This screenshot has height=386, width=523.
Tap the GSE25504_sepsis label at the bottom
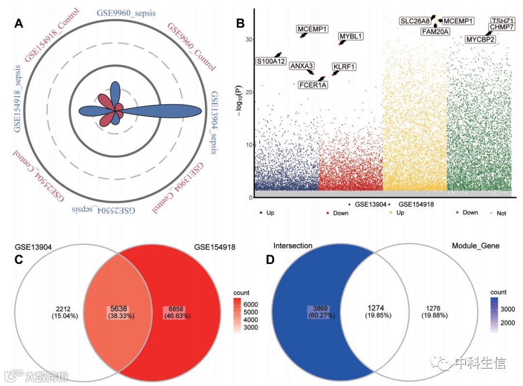click(x=104, y=211)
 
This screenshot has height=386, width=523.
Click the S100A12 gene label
click(x=271, y=61)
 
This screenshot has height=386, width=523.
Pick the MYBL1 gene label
click(x=351, y=36)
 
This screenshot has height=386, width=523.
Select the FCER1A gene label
click(x=313, y=85)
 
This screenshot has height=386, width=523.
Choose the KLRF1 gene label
click(x=344, y=66)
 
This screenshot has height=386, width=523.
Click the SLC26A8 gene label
click(x=415, y=21)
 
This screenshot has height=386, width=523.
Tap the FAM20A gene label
click(x=435, y=31)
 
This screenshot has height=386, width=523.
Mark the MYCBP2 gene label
click(x=480, y=39)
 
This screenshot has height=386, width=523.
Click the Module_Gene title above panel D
click(x=475, y=247)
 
